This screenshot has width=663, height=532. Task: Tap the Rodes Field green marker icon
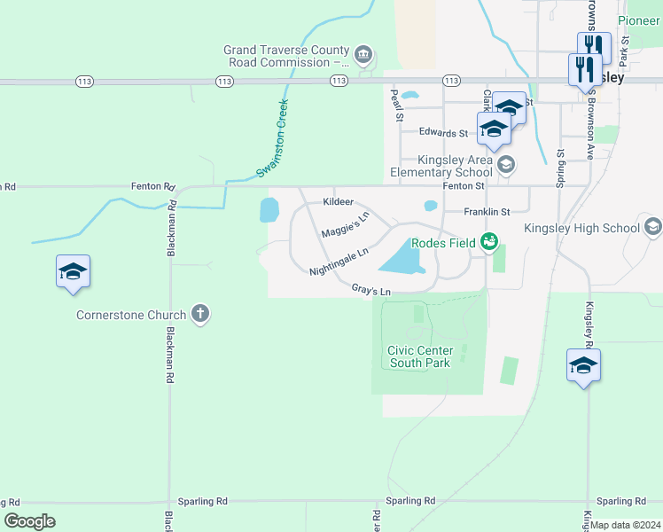(488, 240)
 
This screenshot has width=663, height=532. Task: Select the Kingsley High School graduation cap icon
(653, 228)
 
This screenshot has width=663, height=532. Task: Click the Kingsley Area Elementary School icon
(505, 163)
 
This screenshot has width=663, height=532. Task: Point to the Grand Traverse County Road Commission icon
(363, 56)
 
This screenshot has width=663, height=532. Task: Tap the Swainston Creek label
(272, 137)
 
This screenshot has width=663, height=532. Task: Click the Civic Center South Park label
(419, 356)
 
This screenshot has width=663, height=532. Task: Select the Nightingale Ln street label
(338, 262)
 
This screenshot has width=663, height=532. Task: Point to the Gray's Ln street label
(370, 289)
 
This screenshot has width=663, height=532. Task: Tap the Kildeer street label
(338, 202)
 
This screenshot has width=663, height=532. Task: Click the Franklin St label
(487, 212)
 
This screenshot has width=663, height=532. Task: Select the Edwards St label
(443, 133)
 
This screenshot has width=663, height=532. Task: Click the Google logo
(29, 521)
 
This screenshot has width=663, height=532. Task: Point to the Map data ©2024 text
(626, 525)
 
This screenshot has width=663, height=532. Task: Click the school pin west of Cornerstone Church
(73, 272)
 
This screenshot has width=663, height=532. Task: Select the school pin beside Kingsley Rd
(583, 365)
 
